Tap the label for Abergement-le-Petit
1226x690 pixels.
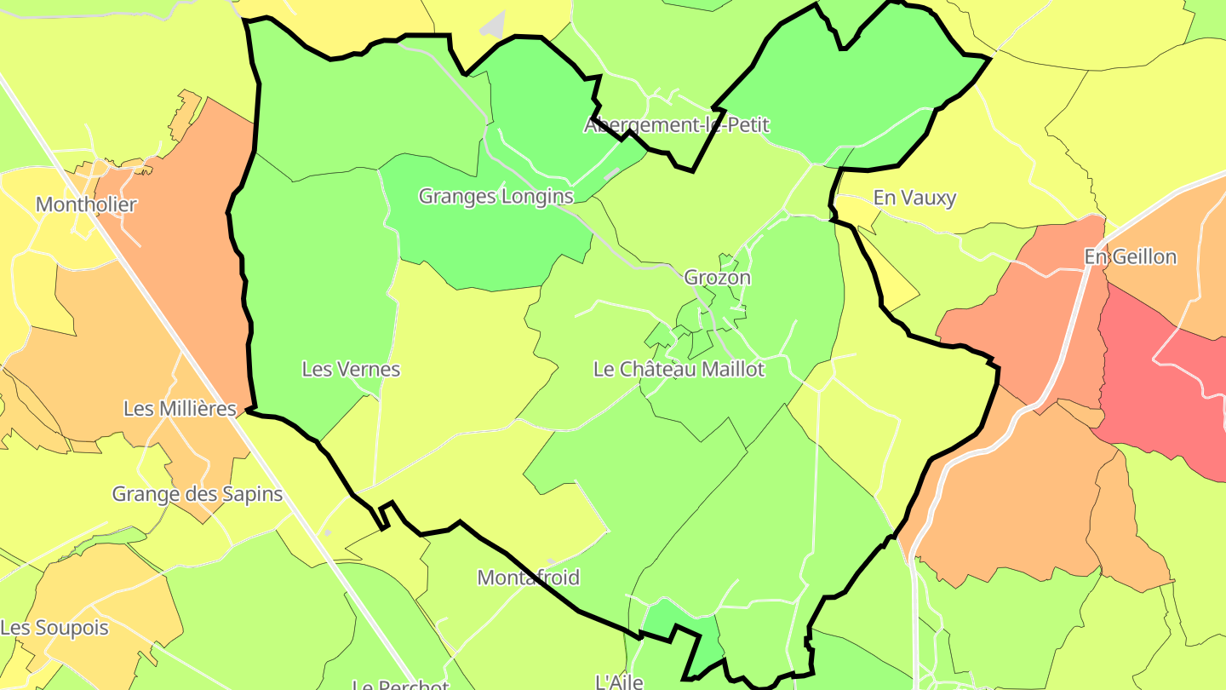676,125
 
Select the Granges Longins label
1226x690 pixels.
496,196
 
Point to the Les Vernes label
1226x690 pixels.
351,369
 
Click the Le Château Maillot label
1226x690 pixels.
679,369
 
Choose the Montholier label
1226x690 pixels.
86,204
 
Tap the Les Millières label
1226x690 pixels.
180,409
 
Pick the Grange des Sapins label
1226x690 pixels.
197,494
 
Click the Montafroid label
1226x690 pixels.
528,578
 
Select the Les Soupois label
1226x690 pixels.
54,628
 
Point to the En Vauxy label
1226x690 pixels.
914,198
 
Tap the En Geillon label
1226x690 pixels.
1130,256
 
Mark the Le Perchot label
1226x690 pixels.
400,684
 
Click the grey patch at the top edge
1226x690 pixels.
494,26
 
